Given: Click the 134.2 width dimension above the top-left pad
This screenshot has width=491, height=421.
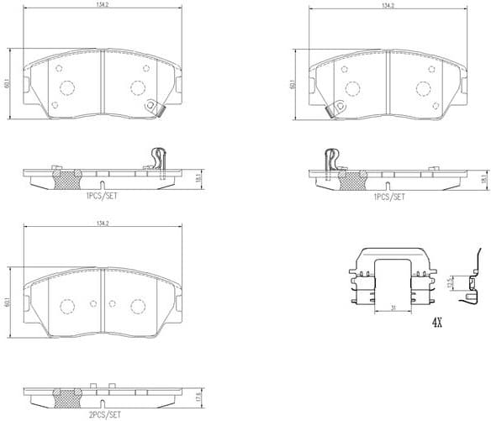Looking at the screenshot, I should (x=102, y=5).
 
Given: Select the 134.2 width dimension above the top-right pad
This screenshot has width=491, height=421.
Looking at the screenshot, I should (x=388, y=5).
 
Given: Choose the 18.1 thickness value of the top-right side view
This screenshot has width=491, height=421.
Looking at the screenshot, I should (x=485, y=178).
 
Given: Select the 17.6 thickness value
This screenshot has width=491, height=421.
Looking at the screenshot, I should (x=200, y=397).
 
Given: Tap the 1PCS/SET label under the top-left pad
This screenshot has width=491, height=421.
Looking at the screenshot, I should (x=102, y=196).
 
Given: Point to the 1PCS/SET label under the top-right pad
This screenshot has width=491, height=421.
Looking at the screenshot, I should (x=388, y=196).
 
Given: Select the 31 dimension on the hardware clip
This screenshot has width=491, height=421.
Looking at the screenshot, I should (x=393, y=308).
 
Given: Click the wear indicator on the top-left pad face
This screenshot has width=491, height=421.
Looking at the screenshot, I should (x=153, y=107).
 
